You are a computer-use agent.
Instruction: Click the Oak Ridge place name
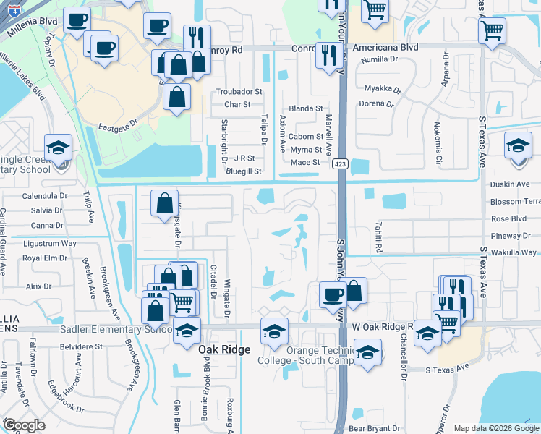click(224, 349)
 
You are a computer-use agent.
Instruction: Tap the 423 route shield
click(338, 165)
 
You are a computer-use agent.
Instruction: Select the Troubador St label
click(239, 92)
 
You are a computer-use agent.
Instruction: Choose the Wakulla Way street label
click(513, 252)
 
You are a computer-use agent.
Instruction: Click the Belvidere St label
click(80, 346)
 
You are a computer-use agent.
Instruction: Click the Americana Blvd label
click(385, 47)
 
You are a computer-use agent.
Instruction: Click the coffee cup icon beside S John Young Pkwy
click(332, 294)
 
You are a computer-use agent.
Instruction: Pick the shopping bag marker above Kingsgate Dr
click(165, 203)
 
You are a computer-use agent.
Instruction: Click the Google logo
click(24, 425)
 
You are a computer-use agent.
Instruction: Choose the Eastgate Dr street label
click(114, 123)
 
